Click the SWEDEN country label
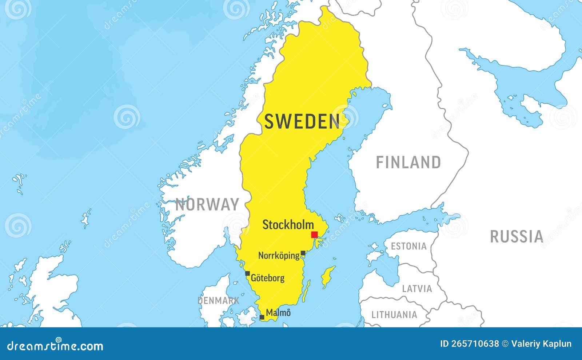302,121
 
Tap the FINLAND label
408,162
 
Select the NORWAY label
207,205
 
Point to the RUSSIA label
517,237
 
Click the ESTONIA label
408,246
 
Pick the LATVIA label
417,289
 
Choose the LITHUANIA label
394,315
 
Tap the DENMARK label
218,301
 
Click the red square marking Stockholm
314,235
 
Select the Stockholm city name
288,225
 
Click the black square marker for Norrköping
303,253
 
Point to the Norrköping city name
279,256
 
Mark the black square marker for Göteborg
247,273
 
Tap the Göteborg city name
268,278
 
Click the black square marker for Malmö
262,317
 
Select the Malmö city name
278,313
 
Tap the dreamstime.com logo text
55,346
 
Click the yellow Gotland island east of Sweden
328,277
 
